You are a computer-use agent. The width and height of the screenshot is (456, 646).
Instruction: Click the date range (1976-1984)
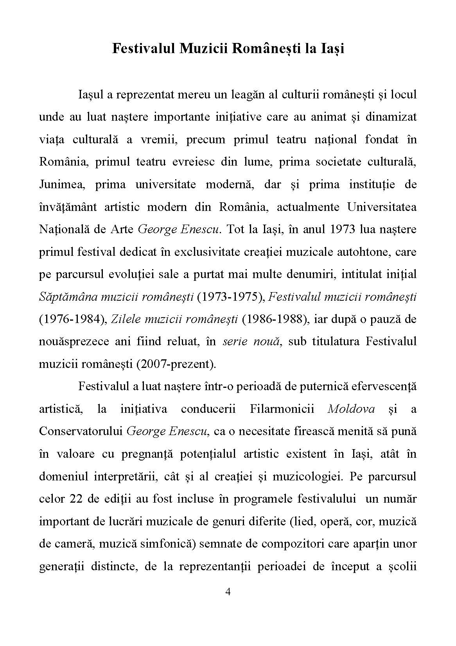click(73, 319)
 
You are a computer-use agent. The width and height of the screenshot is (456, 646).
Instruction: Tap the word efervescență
click(384, 386)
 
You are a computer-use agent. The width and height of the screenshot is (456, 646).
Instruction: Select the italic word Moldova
click(351, 409)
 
